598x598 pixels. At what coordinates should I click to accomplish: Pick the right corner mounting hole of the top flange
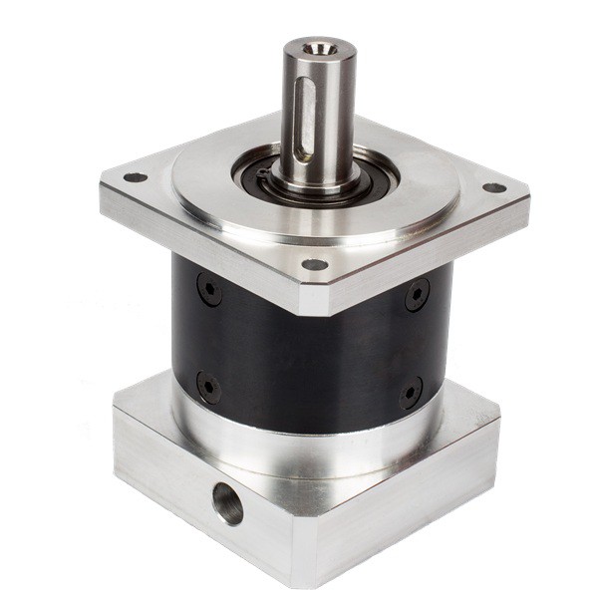(492, 187)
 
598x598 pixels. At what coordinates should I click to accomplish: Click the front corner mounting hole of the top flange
(314, 265)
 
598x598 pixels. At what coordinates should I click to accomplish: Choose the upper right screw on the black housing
(417, 294)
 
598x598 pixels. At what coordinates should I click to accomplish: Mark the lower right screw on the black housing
(411, 392)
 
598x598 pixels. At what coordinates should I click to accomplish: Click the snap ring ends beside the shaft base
(262, 173)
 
